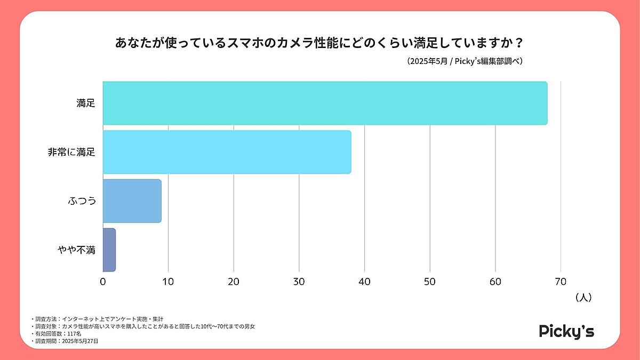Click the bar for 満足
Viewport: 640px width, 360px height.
point(325,103)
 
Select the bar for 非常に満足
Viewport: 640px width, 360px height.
point(227,152)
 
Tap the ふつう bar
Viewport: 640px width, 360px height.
point(132,201)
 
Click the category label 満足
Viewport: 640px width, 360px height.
point(85,103)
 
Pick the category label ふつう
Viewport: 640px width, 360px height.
point(82,202)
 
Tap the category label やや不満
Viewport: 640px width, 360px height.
point(76,250)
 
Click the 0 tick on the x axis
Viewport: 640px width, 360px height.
point(103,282)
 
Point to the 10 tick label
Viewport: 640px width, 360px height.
point(168,282)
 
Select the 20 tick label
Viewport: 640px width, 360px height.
point(234,282)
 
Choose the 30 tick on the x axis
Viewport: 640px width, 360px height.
point(299,282)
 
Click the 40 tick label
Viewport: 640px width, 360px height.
point(364,282)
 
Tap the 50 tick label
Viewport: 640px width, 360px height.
point(430,282)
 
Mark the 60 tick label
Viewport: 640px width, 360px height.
point(495,282)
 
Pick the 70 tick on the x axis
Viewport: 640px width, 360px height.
point(561,282)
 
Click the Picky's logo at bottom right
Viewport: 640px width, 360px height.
point(566,331)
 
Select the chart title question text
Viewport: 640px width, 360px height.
point(319,43)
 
